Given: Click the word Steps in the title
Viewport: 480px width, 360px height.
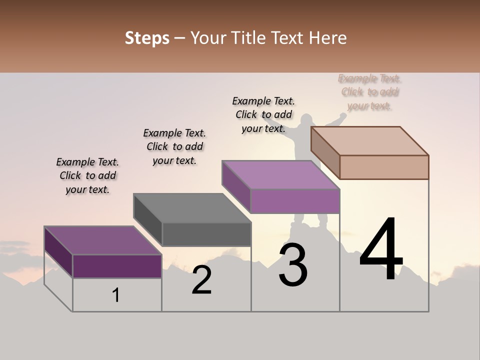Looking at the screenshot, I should click(147, 38).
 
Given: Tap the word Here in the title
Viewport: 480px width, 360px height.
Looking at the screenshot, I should click(328, 38).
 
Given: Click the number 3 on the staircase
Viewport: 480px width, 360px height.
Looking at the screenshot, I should click(293, 265).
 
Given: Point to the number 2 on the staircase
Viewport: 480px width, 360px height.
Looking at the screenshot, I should click(202, 280).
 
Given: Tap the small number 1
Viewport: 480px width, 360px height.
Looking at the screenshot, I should click(116, 295).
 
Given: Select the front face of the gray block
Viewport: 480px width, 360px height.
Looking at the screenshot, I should click(206, 234).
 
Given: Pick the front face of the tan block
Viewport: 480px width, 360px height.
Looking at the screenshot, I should click(384, 167).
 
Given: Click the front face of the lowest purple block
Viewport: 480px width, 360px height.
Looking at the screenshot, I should click(117, 266).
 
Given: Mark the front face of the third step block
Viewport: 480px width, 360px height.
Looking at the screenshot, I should click(295, 201).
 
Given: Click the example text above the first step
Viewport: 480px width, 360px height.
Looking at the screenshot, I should click(87, 175).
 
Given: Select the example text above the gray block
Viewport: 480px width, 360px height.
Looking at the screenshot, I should click(174, 146).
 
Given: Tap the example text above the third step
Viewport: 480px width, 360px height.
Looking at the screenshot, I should click(263, 114).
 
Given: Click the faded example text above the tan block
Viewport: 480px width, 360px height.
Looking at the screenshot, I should click(370, 92).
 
